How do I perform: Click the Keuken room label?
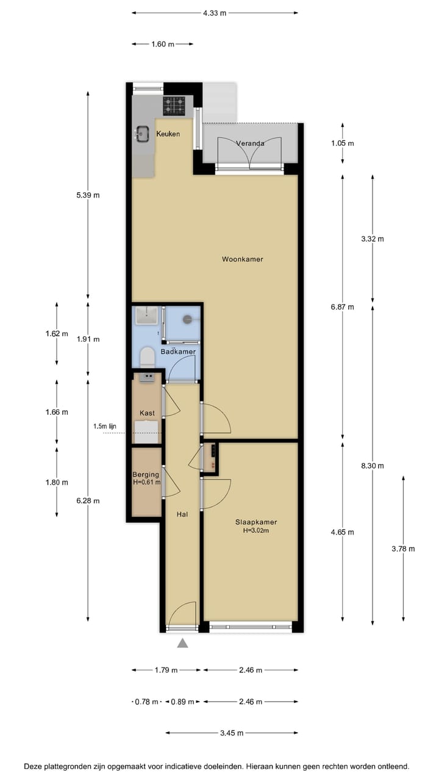click(x=168, y=134)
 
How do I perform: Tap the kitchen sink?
click(x=143, y=133)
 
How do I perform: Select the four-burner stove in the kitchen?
click(x=174, y=106)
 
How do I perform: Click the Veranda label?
click(x=250, y=143)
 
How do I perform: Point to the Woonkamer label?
click(x=242, y=259)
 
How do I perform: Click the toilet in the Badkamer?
click(x=146, y=356)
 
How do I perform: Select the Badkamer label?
click(x=178, y=352)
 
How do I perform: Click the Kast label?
click(x=147, y=413)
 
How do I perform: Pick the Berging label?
click(x=146, y=474)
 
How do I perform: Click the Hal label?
click(x=182, y=514)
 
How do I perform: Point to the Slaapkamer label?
click(x=256, y=522)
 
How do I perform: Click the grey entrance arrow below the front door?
click(x=182, y=642)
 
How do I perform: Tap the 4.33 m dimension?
click(x=215, y=12)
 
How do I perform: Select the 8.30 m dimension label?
click(x=373, y=466)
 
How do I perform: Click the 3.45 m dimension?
click(x=232, y=733)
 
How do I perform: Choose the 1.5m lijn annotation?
click(x=105, y=426)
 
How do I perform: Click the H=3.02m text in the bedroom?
click(x=256, y=531)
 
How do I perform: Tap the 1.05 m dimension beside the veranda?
click(x=342, y=143)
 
